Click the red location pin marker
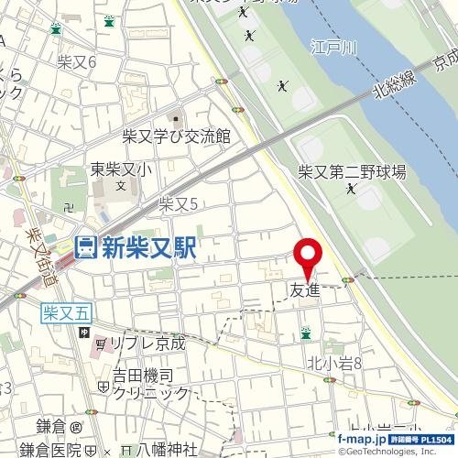[x=307, y=256]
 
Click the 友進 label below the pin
[x=307, y=290]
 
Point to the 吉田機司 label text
[x=142, y=376]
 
